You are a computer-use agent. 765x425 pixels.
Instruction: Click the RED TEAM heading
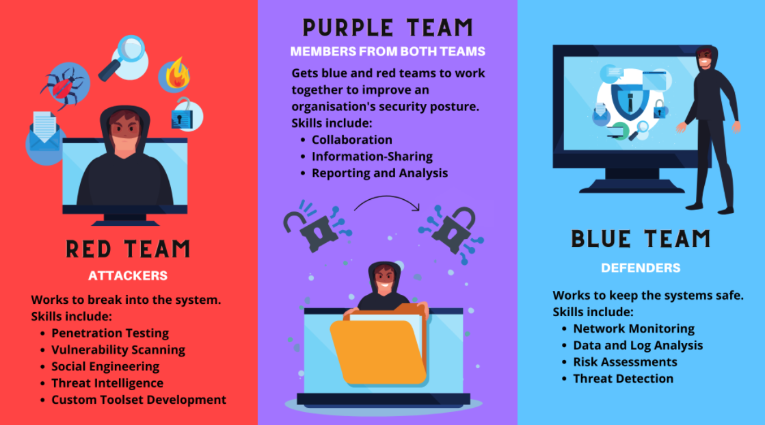pyautogui.click(x=128, y=249)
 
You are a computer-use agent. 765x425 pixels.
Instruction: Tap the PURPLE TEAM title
pyautogui.click(x=388, y=28)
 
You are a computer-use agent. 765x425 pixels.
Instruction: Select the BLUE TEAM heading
pyautogui.click(x=641, y=239)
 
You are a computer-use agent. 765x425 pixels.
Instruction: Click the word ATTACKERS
pyautogui.click(x=128, y=276)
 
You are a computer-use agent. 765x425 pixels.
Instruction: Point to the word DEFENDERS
pyautogui.click(x=641, y=268)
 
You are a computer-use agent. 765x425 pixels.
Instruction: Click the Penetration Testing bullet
pyautogui.click(x=110, y=333)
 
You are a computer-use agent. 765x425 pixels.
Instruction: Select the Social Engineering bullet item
pyautogui.click(x=107, y=366)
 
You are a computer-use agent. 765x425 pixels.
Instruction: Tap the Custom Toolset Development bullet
pyautogui.click(x=139, y=400)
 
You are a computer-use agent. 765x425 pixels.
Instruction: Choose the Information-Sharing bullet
pyautogui.click(x=372, y=157)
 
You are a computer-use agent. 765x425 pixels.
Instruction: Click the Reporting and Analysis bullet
pyautogui.click(x=379, y=173)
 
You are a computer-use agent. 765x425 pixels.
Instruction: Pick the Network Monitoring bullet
pyautogui.click(x=634, y=329)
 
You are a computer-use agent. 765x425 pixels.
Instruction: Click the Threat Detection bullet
pyautogui.click(x=623, y=378)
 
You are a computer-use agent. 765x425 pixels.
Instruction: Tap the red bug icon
pyautogui.click(x=63, y=86)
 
